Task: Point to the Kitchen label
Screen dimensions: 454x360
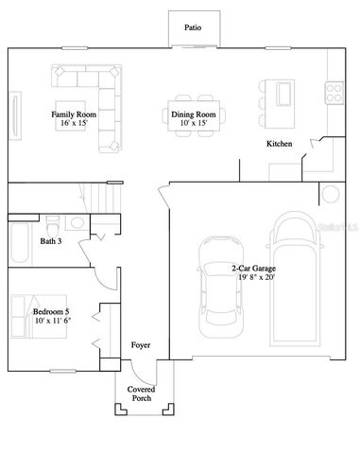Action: coord(279,144)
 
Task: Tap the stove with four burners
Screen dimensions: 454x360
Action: coord(334,92)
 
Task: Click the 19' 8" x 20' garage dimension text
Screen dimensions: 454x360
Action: coord(259,279)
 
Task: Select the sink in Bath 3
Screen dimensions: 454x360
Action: coord(77,225)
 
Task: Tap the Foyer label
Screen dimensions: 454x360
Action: coord(140,345)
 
